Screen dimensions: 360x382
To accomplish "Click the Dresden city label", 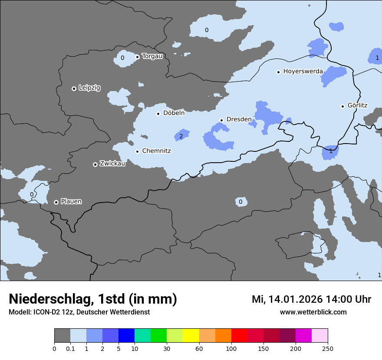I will tap(239, 119).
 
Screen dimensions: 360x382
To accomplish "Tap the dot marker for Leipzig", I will tap(74, 88).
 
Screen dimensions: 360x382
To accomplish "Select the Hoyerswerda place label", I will tap(303, 72).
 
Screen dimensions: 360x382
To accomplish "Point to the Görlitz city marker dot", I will tap(342, 106).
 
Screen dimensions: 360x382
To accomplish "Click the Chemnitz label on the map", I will tap(156, 151).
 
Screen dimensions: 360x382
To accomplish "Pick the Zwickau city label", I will tap(112, 164).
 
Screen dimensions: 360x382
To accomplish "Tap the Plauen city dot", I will tap(56, 202).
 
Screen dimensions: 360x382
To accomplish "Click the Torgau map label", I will tap(152, 56).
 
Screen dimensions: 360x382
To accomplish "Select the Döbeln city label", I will tap(174, 113).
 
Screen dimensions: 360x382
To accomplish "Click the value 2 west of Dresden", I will tap(181, 136).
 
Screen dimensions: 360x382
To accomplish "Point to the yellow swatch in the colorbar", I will tap(191, 336).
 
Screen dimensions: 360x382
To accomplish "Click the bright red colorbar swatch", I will tap(239, 336).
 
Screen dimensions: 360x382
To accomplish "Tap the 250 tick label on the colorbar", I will tap(328, 348).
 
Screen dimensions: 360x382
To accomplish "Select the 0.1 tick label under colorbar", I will tap(70, 348).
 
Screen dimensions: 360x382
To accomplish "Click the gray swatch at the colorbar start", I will tap(62, 336).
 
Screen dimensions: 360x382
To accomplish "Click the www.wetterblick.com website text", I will tap(313, 312).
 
